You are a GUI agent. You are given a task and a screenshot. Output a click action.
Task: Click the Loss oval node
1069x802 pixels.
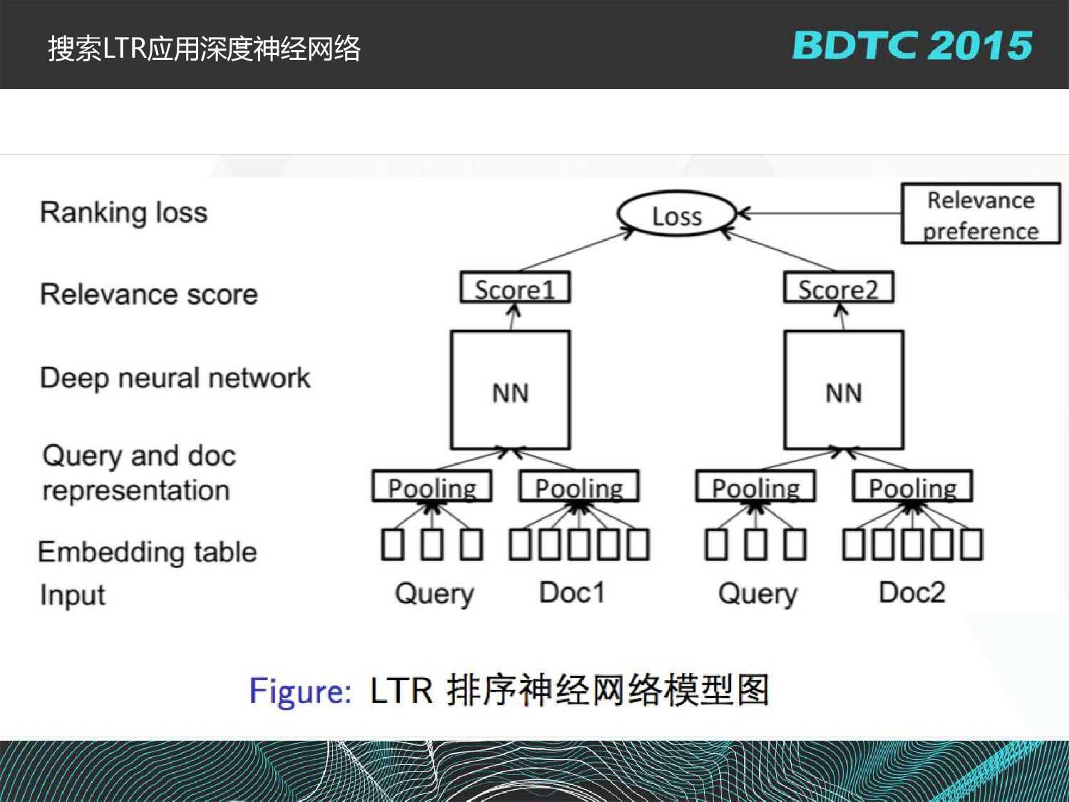676,215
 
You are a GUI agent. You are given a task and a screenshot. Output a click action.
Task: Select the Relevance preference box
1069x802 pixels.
981,215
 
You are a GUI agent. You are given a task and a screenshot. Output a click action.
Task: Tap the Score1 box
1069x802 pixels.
515,289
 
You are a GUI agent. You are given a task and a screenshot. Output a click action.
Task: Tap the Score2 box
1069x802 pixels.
838,289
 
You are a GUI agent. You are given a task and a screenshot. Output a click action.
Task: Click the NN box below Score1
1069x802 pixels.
510,391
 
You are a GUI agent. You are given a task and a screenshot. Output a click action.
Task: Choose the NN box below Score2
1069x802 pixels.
844,391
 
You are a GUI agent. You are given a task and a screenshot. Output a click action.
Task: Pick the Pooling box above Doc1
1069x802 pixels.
579,488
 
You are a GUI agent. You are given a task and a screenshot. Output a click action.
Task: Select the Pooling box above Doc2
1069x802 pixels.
912,488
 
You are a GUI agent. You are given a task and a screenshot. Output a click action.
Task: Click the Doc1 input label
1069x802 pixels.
572,592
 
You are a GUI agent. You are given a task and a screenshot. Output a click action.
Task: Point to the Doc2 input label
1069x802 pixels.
912,592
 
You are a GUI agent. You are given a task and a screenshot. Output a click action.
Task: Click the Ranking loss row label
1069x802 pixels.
123,212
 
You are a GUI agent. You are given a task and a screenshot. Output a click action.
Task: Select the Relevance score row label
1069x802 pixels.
148,294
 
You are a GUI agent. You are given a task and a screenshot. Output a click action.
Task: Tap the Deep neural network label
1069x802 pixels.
175,378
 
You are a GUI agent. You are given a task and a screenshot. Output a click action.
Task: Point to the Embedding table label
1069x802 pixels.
147,552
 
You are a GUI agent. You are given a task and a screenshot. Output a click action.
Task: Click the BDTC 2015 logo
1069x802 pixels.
912,46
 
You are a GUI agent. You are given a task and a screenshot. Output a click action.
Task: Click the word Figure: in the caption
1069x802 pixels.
300,690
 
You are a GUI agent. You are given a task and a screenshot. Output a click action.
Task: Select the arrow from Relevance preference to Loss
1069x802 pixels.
820,213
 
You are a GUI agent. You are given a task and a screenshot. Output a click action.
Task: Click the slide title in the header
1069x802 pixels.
204,48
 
